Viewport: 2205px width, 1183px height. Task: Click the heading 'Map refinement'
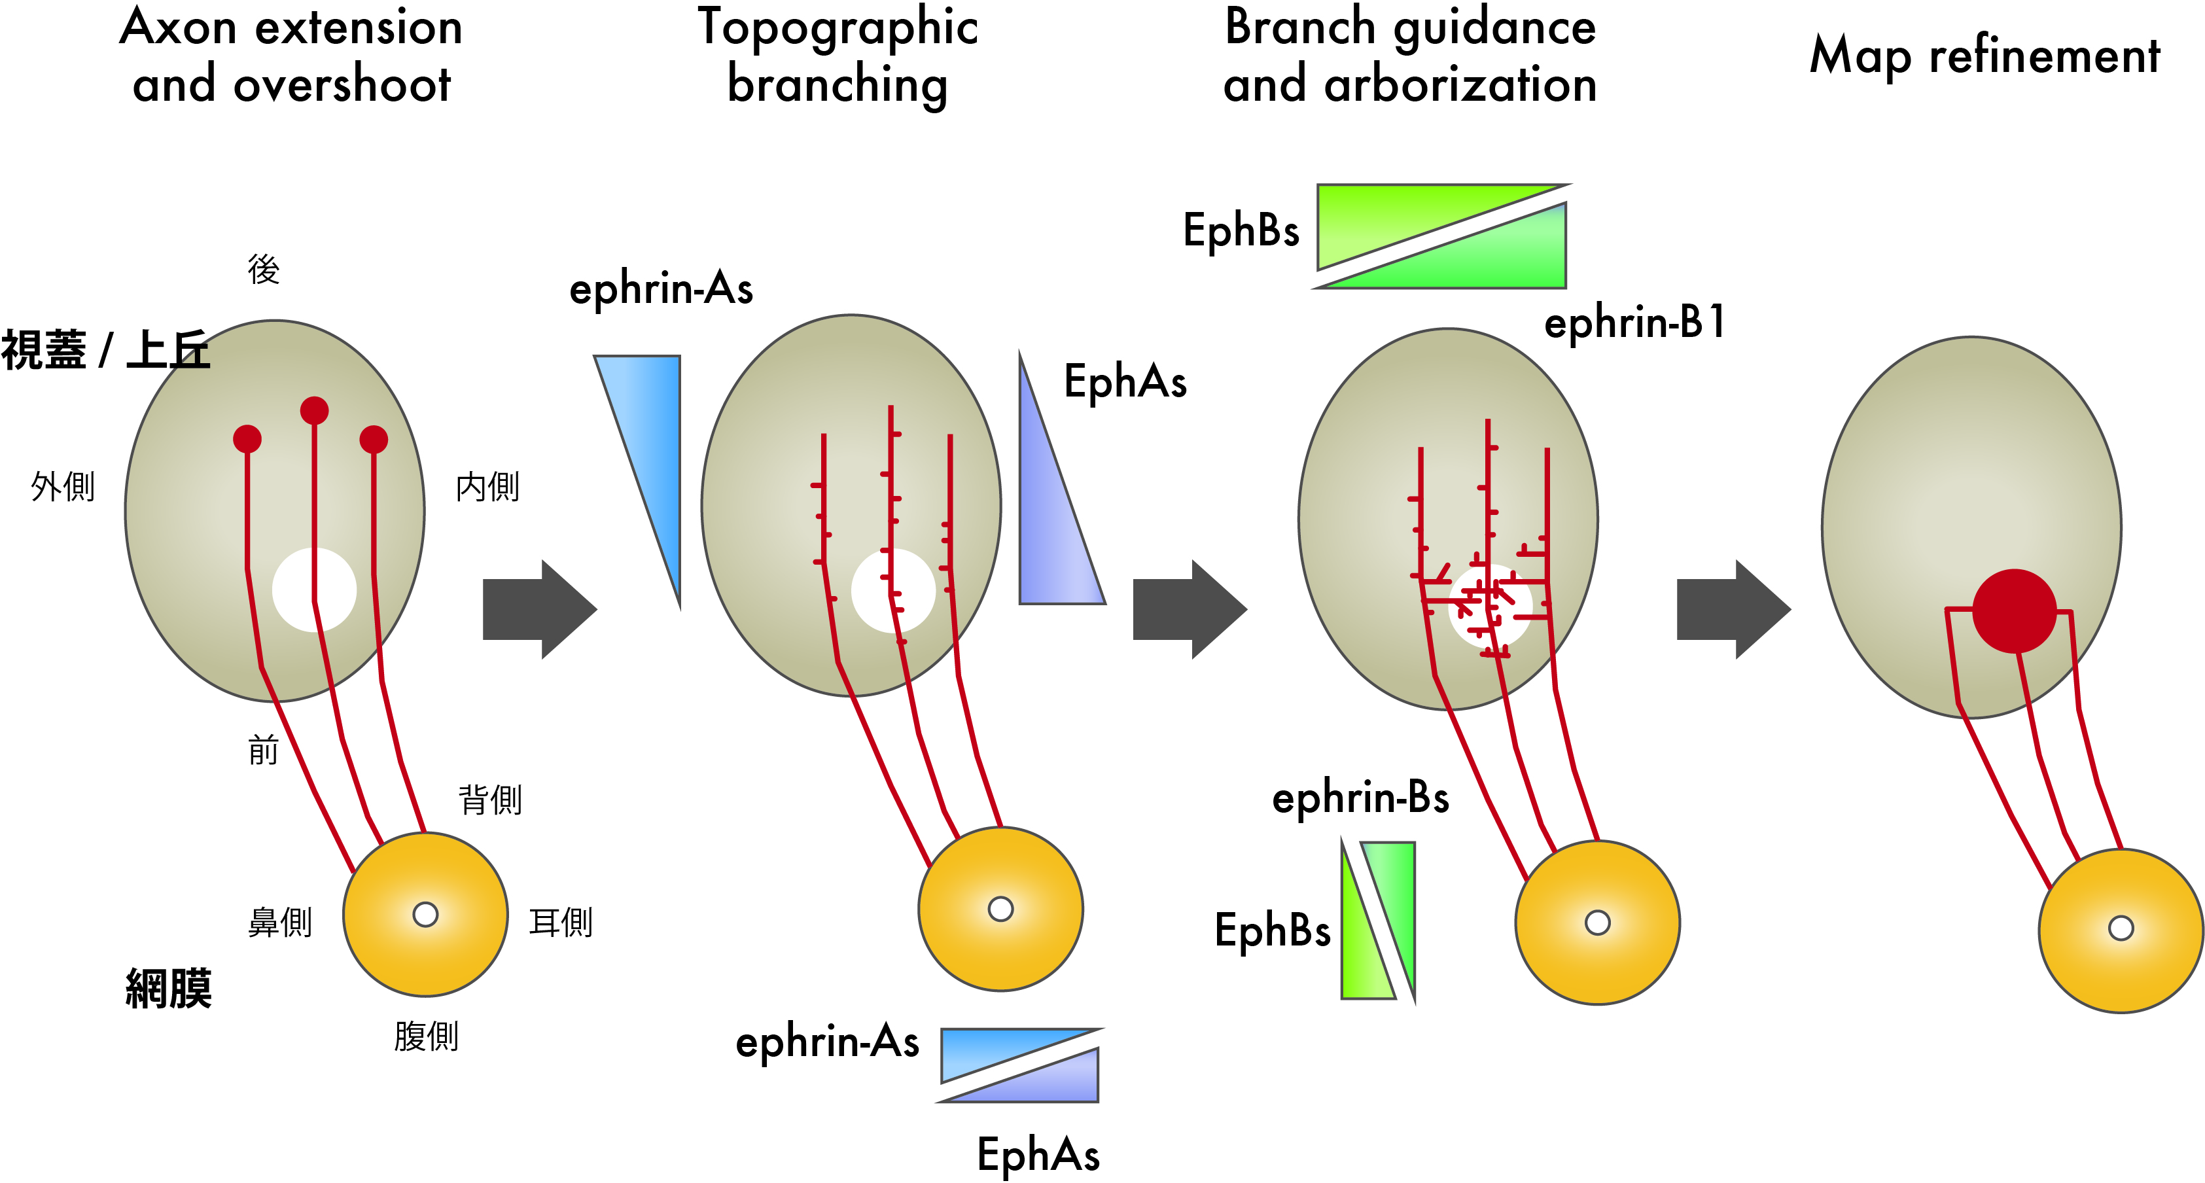1984,56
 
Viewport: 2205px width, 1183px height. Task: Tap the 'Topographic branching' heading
837,56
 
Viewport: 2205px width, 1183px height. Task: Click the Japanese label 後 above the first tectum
264,270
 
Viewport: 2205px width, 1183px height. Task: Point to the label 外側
63,486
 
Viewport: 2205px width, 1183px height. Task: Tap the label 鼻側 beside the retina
280,923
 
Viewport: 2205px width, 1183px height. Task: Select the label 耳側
561,923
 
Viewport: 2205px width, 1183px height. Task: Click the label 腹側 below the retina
426,1036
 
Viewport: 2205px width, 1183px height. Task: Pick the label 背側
489,800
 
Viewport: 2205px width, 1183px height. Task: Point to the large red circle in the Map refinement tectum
2014,611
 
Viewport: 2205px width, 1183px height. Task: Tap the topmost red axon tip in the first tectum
314,411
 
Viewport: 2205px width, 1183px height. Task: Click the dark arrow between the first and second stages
539,609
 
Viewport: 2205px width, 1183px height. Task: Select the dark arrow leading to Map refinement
1733,609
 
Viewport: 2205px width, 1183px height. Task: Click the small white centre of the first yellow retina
425,914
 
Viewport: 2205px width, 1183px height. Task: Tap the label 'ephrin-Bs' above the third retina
1360,798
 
